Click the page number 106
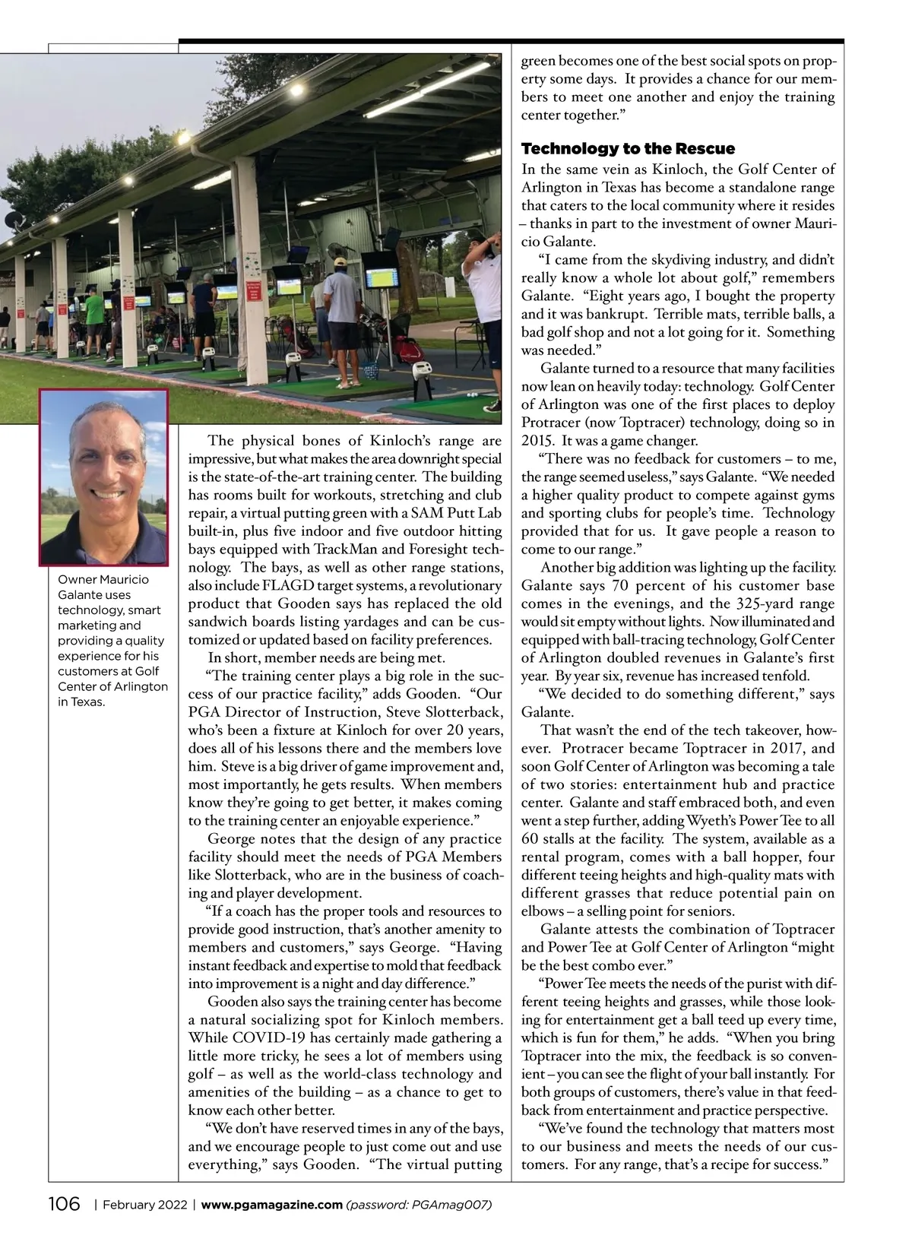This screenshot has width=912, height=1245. click(65, 1205)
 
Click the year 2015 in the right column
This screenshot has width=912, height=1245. click(537, 441)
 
